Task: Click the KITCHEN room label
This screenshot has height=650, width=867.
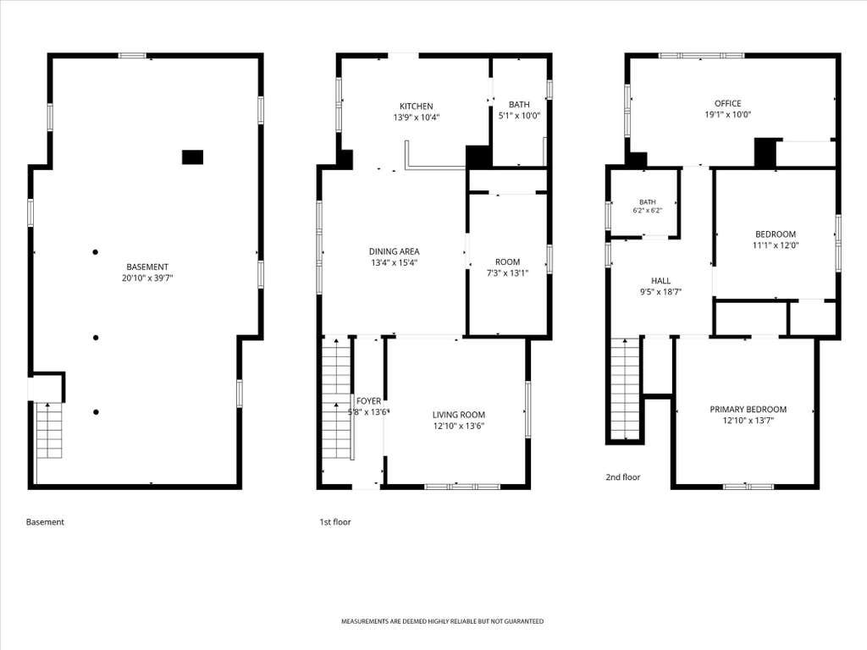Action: (417, 106)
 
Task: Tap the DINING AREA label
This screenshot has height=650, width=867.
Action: (395, 251)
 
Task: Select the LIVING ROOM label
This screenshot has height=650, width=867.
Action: (459, 415)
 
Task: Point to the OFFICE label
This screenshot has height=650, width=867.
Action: (727, 103)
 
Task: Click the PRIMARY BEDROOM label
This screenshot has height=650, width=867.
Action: (748, 409)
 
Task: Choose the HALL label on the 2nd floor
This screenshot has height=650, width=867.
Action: (660, 281)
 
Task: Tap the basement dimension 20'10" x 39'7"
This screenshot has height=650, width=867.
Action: (147, 278)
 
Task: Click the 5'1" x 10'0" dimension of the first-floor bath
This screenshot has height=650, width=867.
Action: (519, 115)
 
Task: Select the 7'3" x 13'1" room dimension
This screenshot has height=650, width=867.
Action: (508, 273)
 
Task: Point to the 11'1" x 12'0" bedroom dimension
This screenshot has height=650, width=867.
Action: (776, 245)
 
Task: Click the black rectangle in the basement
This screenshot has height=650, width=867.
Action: (192, 157)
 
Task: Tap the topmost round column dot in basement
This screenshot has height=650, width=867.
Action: (96, 252)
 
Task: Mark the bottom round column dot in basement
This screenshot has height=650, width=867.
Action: (97, 412)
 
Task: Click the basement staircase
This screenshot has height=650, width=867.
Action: (49, 431)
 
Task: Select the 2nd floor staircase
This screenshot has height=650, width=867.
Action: (625, 388)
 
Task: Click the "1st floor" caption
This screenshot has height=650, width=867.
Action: (335, 521)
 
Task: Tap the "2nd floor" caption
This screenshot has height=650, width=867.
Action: (623, 477)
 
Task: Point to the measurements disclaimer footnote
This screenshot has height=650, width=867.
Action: (442, 621)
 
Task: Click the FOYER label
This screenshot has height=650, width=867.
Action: (369, 400)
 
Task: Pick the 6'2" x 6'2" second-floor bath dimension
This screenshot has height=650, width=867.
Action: (648, 211)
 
